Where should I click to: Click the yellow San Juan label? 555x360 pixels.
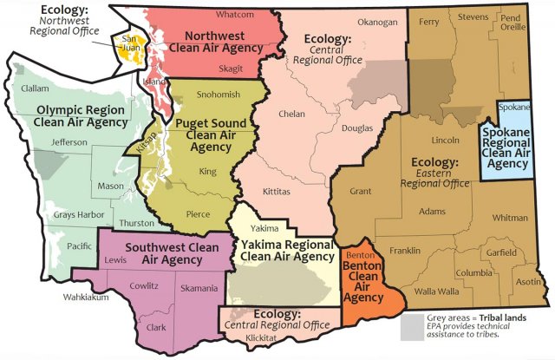tap(129, 45)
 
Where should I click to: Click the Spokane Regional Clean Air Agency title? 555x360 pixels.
tap(507, 142)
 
